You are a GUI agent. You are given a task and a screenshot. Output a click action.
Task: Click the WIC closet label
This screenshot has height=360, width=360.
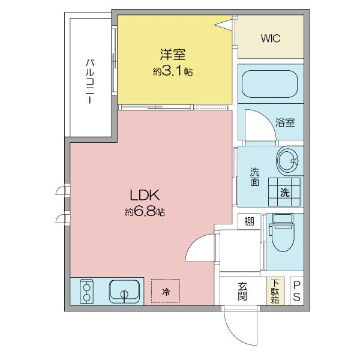pyautogui.click(x=271, y=38)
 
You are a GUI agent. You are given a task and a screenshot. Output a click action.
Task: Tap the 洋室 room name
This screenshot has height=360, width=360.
pyautogui.click(x=173, y=55)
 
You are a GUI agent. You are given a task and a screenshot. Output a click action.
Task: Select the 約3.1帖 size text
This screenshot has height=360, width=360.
pyautogui.click(x=173, y=71)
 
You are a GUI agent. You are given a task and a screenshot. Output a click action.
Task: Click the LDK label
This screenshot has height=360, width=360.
pyautogui.click(x=145, y=195)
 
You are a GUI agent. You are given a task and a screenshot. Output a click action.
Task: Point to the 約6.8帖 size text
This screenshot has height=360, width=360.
pyautogui.click(x=145, y=211)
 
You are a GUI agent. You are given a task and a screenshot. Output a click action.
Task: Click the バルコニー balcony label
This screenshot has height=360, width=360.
pyautogui.click(x=90, y=81)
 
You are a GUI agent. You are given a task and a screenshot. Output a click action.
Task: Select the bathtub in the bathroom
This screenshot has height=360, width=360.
pyautogui.click(x=269, y=84)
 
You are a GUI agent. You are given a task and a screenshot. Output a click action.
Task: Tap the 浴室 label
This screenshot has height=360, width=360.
pyautogui.click(x=285, y=122)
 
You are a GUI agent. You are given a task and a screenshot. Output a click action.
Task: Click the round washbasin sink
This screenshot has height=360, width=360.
pyautogui.click(x=288, y=160)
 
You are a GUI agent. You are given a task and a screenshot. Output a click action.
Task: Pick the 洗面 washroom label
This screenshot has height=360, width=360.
pyautogui.click(x=254, y=176)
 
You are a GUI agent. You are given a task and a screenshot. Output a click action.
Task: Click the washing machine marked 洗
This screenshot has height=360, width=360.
pyautogui.click(x=284, y=192)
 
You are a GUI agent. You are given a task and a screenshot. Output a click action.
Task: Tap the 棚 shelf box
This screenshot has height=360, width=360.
pyautogui.click(x=249, y=221)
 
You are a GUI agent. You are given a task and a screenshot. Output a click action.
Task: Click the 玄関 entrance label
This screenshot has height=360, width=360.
pyautogui.click(x=242, y=291)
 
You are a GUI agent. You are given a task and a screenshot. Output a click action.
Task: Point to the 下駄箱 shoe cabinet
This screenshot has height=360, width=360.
pyautogui.click(x=275, y=291)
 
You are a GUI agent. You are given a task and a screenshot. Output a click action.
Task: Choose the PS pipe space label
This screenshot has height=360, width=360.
pyautogui.click(x=296, y=291)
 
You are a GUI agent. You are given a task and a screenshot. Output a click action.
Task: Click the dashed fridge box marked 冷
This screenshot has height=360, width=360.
pyautogui.click(x=166, y=291)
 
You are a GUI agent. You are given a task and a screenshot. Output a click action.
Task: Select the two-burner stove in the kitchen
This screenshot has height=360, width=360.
pyautogui.click(x=86, y=291)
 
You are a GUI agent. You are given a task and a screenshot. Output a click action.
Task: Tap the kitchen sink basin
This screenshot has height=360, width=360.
pyautogui.click(x=124, y=291)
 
